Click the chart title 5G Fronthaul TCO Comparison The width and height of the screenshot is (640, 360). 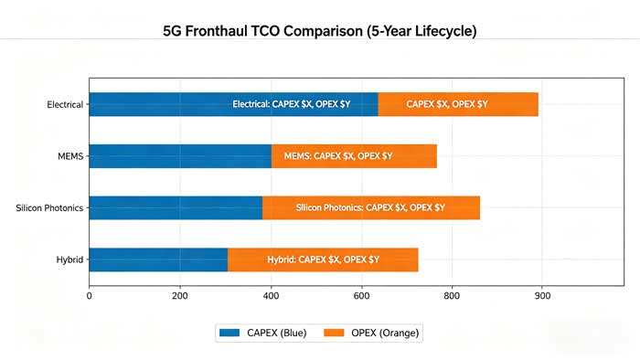pyautogui.click(x=320, y=31)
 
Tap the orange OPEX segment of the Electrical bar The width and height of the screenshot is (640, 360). pyautogui.click(x=458, y=104)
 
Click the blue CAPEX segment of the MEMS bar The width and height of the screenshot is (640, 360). pyautogui.click(x=180, y=156)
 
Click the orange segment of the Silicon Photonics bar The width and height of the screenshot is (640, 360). pyautogui.click(x=371, y=207)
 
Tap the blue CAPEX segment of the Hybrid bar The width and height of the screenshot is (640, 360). pyautogui.click(x=158, y=259)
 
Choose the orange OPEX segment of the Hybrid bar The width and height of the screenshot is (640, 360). pyautogui.click(x=323, y=259)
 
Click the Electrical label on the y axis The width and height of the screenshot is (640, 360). pyautogui.click(x=65, y=104)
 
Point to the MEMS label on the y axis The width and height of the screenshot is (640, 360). pyautogui.click(x=69, y=156)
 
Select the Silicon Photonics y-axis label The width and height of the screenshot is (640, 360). pyautogui.click(x=49, y=208)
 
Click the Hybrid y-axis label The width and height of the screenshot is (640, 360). pyautogui.click(x=69, y=259)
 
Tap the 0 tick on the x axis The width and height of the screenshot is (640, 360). pyautogui.click(x=89, y=295)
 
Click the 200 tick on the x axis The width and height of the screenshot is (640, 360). pyautogui.click(x=180, y=295)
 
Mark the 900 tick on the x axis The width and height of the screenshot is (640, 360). pyautogui.click(x=542, y=295)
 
